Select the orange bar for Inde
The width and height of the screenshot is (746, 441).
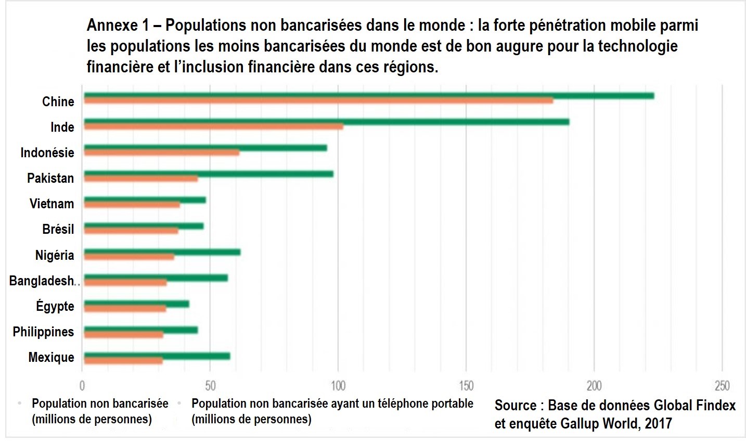[213, 127]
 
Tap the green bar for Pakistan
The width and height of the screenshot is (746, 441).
[208, 173]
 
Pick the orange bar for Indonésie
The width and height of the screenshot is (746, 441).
[161, 153]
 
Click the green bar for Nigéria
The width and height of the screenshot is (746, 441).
[162, 251]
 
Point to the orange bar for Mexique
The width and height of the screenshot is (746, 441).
[123, 360]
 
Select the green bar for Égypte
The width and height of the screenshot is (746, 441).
[136, 304]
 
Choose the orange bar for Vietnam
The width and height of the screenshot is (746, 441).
[132, 205]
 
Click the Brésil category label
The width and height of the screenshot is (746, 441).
[58, 229]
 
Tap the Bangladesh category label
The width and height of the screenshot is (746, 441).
[42, 281]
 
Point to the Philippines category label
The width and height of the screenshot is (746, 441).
[43, 332]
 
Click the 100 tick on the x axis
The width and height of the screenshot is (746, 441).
[338, 386]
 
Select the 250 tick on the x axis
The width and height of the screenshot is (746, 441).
[722, 386]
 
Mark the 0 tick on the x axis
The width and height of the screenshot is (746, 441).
[82, 386]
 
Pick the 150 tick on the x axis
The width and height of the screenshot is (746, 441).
[466, 386]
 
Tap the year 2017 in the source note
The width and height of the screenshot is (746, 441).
[658, 424]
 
